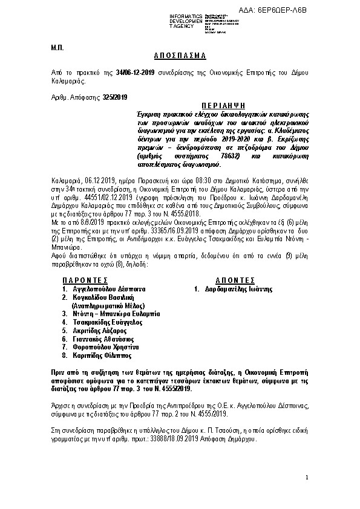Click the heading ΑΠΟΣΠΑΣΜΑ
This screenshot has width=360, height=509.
pos(180,56)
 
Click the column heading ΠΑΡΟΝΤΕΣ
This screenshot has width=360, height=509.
pos(85,280)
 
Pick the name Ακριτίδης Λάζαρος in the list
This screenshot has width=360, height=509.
pos(98,331)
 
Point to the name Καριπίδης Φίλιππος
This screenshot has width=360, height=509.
pos(100,356)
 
